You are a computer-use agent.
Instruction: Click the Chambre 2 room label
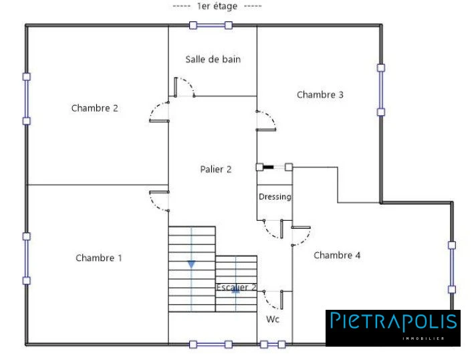tap(95, 108)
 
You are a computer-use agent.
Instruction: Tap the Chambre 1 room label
tap(98, 258)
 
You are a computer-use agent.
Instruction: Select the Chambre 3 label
tap(320, 95)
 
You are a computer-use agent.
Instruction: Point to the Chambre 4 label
tap(337, 255)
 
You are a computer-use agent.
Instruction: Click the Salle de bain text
tap(213, 59)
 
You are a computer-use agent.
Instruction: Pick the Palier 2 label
tap(216, 169)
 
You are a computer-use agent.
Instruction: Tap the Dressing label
tap(275, 197)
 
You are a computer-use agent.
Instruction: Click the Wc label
tap(273, 319)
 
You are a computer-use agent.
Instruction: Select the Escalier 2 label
tap(237, 287)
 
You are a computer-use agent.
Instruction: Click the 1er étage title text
tap(217, 6)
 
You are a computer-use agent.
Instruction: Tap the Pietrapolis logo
tap(393, 328)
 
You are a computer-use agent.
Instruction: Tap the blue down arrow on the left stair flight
tap(191, 264)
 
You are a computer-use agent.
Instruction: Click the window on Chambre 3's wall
tap(381, 90)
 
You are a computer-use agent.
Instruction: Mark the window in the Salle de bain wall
tap(211, 25)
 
